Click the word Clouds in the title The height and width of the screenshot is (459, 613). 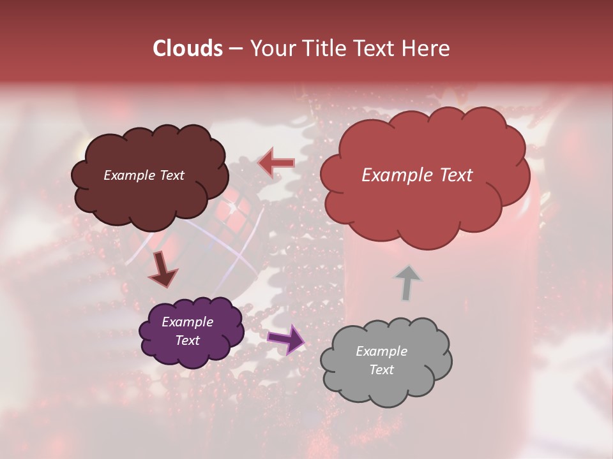[x=188, y=48]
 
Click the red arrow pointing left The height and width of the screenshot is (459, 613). [x=276, y=163]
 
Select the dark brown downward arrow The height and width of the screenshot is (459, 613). [x=162, y=268]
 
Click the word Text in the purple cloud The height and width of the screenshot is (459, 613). [x=187, y=340]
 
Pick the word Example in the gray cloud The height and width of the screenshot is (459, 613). [x=381, y=351]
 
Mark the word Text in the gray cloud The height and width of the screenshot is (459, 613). [x=381, y=370]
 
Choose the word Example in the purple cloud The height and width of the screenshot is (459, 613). [x=187, y=322]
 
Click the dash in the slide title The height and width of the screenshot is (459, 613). [x=235, y=49]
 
